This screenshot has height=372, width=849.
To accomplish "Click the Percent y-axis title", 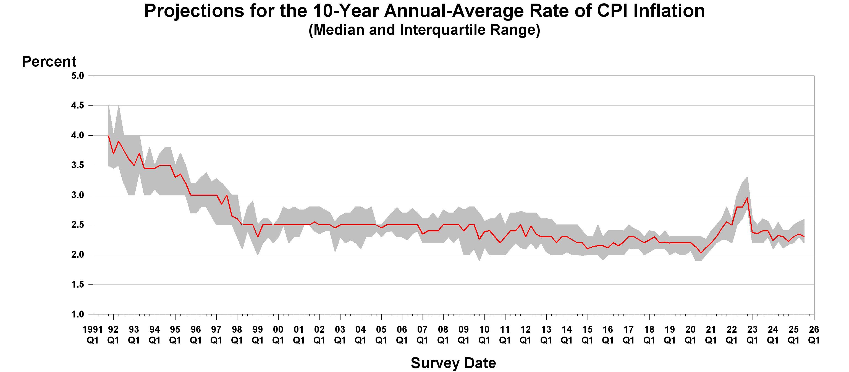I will [x=49, y=62].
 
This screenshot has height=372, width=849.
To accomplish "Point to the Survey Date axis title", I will [x=453, y=363].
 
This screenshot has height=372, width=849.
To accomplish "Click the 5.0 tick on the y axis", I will [x=77, y=76].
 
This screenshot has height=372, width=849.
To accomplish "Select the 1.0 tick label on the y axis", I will [x=77, y=314].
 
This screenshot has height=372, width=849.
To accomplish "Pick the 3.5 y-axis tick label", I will [x=77, y=165].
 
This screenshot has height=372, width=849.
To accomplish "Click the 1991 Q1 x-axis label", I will [x=93, y=334].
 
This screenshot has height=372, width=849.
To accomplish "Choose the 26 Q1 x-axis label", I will [x=814, y=334].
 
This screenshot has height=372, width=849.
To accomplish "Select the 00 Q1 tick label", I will [x=278, y=334].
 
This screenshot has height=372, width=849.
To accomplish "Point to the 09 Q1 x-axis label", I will [x=463, y=334].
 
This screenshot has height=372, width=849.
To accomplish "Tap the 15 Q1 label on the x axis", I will [x=587, y=334].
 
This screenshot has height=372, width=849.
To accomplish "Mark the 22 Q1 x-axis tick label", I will [x=731, y=334].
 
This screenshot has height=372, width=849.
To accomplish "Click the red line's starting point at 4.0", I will [x=108, y=135].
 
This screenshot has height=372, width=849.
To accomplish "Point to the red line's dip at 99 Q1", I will [x=258, y=237].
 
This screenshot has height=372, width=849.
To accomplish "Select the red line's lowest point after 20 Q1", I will [x=701, y=253].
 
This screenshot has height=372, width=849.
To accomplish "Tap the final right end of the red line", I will [x=804, y=237].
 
